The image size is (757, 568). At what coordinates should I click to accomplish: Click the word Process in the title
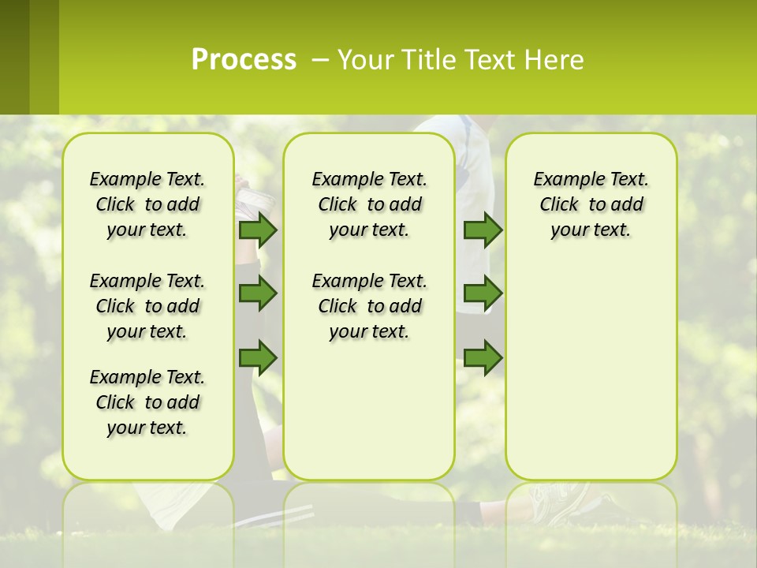(x=244, y=60)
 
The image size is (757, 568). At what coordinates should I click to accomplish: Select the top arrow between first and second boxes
(x=258, y=230)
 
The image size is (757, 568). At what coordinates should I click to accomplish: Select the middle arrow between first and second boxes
(x=258, y=293)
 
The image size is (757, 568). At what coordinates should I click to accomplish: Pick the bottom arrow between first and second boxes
(x=258, y=357)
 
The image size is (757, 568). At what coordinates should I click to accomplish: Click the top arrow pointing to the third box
(x=483, y=230)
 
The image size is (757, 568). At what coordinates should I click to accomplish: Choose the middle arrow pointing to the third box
(x=483, y=293)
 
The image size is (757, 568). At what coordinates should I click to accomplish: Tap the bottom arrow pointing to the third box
(x=483, y=357)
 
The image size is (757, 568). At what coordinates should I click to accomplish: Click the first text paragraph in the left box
(x=147, y=204)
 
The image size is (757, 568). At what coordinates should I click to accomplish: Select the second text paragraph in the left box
(x=147, y=306)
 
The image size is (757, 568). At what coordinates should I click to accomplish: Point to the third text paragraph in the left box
(x=147, y=402)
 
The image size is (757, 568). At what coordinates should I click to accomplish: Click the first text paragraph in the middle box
(x=369, y=204)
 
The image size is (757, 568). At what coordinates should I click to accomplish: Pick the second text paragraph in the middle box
(x=369, y=306)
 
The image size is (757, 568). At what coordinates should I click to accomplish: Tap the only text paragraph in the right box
(x=591, y=204)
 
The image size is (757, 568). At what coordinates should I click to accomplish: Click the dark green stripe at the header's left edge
(x=14, y=57)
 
